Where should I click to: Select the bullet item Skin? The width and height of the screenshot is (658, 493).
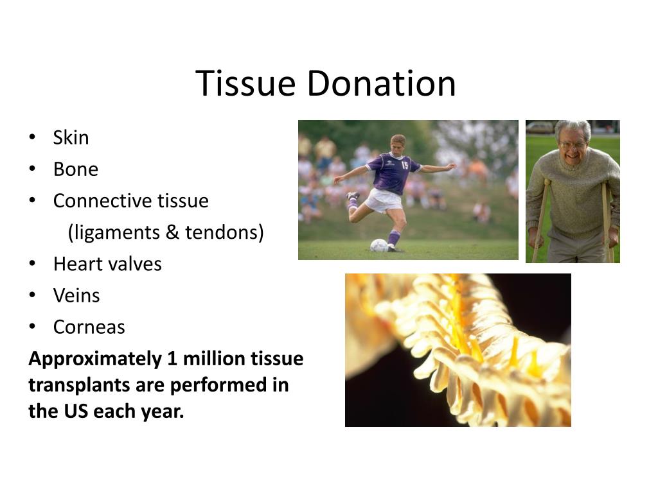pyautogui.click(x=71, y=138)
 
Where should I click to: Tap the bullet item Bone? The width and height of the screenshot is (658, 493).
pyautogui.click(x=75, y=169)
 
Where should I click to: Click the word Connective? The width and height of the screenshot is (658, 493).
pyautogui.click(x=94, y=201)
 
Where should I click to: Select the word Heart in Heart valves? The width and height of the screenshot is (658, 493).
pyautogui.click(x=73, y=264)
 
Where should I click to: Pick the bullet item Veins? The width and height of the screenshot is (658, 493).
pyautogui.click(x=76, y=295)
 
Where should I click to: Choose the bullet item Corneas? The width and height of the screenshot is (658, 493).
pyautogui.click(x=89, y=327)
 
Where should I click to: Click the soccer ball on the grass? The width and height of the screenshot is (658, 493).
pyautogui.click(x=379, y=245)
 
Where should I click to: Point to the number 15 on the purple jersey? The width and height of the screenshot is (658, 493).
pyautogui.click(x=405, y=164)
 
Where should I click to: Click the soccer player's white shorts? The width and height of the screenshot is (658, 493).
pyautogui.click(x=384, y=200)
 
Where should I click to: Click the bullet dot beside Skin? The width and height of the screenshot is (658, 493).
pyautogui.click(x=32, y=138)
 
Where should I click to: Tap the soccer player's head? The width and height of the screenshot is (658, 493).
pyautogui.click(x=398, y=143)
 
